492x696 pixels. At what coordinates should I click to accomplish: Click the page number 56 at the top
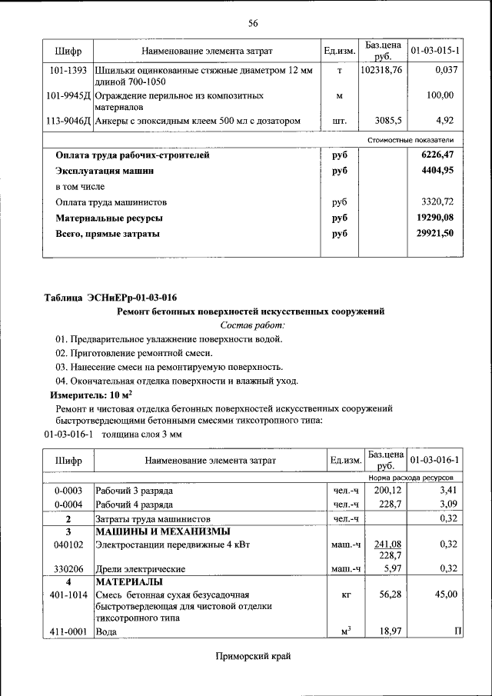pos(252,23)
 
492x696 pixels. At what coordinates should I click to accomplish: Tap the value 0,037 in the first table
pos(445,71)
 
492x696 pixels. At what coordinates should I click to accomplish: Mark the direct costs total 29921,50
pos(436,234)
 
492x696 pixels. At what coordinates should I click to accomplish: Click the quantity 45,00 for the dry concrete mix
pos(445,594)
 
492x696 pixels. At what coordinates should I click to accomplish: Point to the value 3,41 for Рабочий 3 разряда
pos(447,490)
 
